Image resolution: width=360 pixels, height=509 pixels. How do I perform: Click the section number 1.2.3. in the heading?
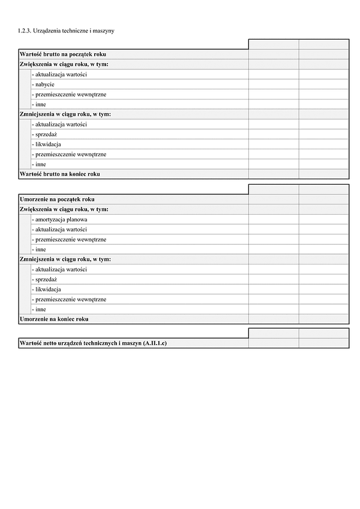[25, 30]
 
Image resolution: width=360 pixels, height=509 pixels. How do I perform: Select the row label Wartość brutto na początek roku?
[63, 55]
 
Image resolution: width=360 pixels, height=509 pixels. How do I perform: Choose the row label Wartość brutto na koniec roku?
[59, 174]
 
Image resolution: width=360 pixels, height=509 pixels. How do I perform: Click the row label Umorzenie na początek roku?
[57, 199]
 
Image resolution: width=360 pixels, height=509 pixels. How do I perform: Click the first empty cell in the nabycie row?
[273, 85]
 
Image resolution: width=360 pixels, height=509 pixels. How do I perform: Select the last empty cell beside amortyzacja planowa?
[323, 219]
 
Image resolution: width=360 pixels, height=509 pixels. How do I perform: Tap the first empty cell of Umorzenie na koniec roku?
[273, 320]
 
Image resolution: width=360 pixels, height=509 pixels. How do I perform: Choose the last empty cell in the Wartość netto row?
[323, 344]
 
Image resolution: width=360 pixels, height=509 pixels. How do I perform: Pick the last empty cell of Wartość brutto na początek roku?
[323, 55]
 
